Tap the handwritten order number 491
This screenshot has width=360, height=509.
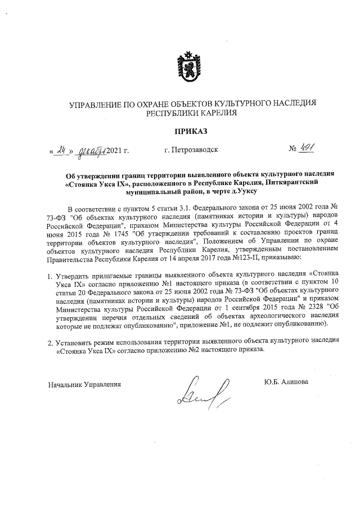(x=309, y=150)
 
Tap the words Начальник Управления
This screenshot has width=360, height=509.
(x=85, y=385)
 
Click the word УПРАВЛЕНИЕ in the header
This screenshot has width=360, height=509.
(x=94, y=103)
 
